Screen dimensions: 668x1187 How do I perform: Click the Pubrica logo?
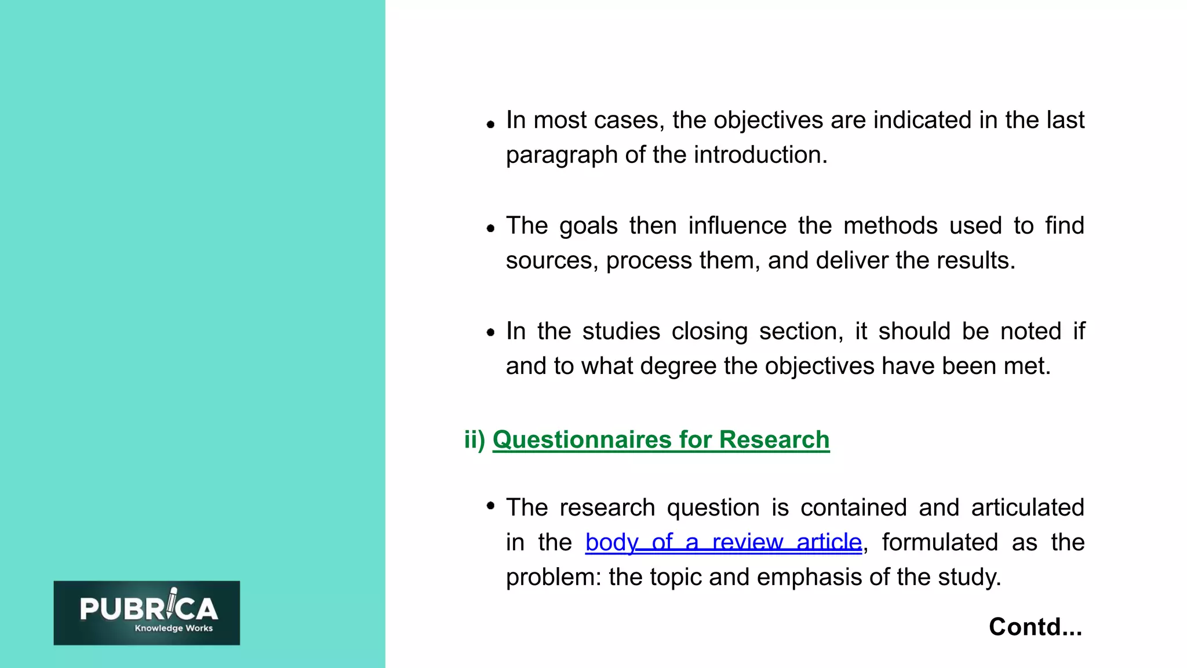tap(147, 612)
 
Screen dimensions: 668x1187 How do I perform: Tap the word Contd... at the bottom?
tap(1035, 627)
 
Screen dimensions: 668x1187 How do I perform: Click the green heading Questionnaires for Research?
tap(661, 440)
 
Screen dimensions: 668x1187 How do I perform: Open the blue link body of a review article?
tap(723, 542)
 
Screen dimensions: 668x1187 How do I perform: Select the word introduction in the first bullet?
tap(760, 155)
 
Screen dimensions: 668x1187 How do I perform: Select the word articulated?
tap(1027, 507)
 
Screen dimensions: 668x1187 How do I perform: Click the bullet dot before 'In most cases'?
tap(491, 124)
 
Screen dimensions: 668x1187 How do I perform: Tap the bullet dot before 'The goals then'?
tap(491, 228)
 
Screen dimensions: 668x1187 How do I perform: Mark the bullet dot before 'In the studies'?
tap(491, 333)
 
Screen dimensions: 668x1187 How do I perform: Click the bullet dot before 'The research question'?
tap(491, 506)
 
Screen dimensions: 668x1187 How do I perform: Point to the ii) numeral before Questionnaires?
tap(475, 440)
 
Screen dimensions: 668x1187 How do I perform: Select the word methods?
tap(890, 226)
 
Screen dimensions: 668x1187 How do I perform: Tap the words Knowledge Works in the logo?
tap(173, 628)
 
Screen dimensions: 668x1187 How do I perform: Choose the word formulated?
tap(940, 542)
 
